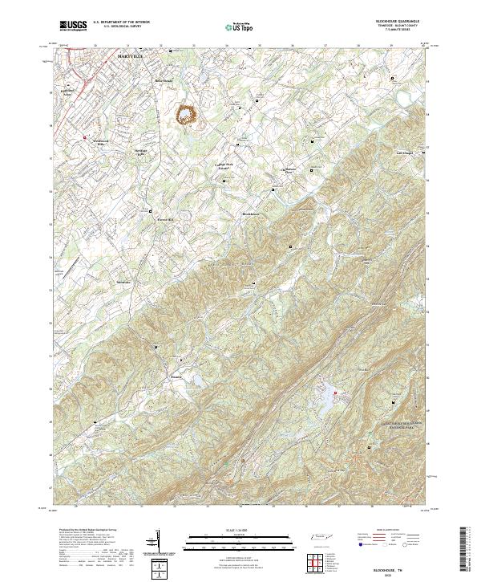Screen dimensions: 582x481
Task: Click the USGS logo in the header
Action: point(73,26)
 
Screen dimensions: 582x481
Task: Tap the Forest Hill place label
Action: point(165,217)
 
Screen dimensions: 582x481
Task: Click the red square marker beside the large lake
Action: point(335,392)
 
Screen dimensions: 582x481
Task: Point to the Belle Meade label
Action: point(164,81)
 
